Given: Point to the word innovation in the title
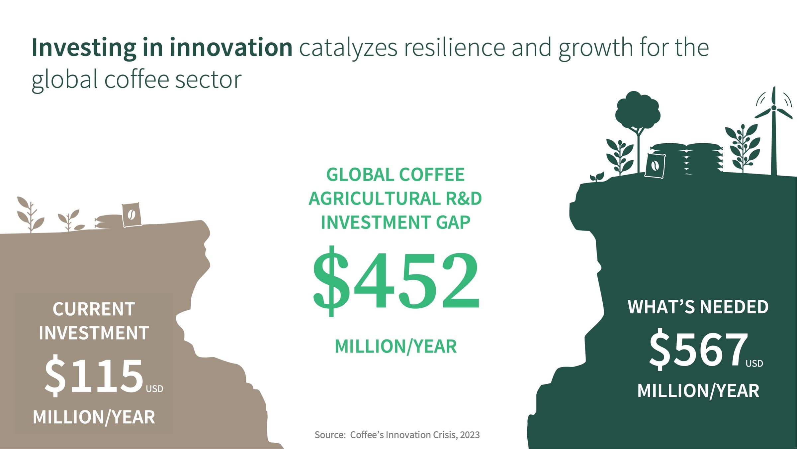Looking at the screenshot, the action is pos(231,48).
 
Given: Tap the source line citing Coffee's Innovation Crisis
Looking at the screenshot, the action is pos(397,435).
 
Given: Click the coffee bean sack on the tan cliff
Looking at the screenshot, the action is pos(132,215).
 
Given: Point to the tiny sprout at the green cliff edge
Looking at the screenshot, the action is pos(597,177).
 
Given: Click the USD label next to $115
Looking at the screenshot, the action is pos(155,389).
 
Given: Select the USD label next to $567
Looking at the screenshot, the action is pos(754,364).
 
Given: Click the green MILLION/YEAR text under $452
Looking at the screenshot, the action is pos(396,347).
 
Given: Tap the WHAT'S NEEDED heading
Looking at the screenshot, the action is pos(698,307).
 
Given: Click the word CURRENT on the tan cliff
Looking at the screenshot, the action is pos(94,309).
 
